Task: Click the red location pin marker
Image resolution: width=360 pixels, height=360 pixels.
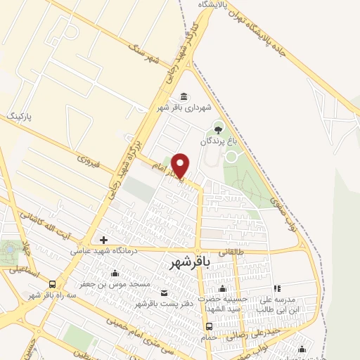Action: click(181, 165)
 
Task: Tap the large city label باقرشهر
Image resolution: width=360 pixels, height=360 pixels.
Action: click(193, 262)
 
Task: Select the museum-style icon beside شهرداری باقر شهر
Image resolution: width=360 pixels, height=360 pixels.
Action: click(184, 96)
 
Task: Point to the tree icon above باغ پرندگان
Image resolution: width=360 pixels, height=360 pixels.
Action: click(218, 129)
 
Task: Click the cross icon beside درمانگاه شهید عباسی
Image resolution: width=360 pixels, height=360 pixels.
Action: click(103, 240)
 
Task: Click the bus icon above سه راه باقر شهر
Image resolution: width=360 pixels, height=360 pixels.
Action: click(53, 284)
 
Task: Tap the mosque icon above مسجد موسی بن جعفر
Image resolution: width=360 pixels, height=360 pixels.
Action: click(115, 274)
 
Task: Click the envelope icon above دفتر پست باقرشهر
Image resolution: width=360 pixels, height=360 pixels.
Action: click(165, 292)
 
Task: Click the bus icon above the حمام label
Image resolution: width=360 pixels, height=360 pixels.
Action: click(209, 326)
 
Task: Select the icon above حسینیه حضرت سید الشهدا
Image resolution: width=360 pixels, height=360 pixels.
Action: click(222, 289)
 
